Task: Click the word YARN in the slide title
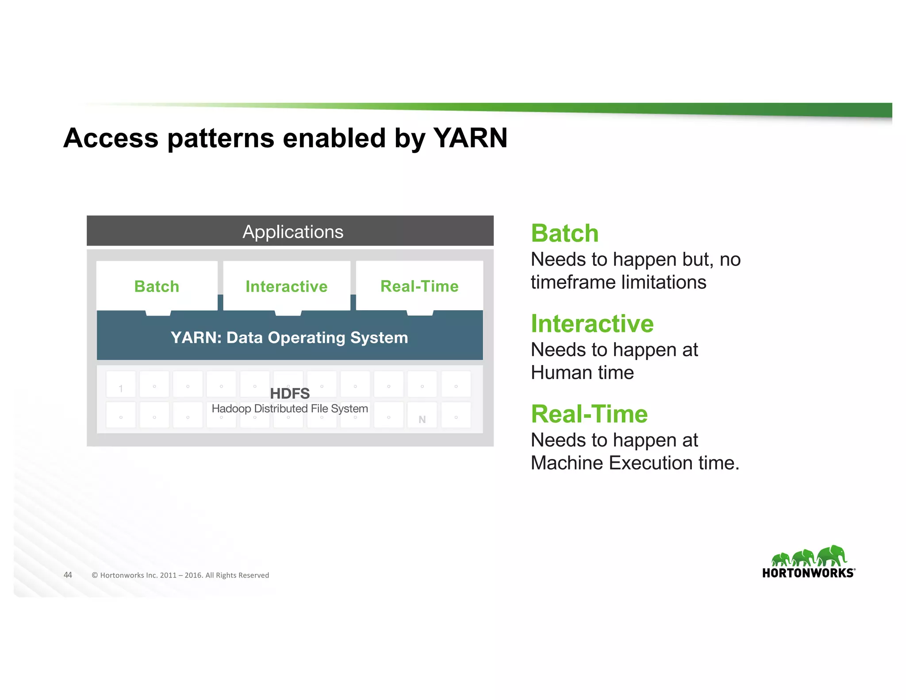470,138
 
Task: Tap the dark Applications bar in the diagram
290,231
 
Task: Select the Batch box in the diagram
157,286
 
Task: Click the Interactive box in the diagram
287,286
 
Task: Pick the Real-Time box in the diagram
419,286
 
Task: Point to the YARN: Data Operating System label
289,338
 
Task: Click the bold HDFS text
290,393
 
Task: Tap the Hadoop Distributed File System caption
290,408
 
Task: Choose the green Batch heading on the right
564,233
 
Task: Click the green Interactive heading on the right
592,323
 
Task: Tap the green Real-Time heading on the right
589,414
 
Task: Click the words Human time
582,373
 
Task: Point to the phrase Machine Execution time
634,463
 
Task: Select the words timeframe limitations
618,282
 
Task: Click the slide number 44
68,575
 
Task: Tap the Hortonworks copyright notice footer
180,575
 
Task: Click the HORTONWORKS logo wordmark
808,573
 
